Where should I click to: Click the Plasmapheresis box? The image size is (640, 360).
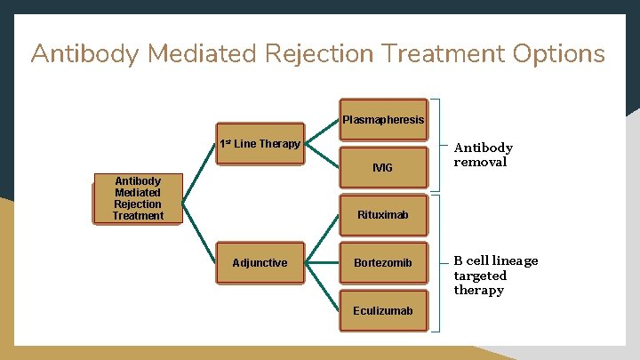383,119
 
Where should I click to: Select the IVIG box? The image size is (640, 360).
383,167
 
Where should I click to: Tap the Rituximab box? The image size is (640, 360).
383,215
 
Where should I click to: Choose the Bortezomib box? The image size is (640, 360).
383,263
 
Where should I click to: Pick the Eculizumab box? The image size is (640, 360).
383,311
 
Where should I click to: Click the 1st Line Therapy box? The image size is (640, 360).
260,144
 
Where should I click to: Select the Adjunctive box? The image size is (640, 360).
260,263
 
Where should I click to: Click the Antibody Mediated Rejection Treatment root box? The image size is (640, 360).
138,198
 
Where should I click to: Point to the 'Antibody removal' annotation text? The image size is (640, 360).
483,155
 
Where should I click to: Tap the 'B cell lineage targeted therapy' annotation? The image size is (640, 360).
495,275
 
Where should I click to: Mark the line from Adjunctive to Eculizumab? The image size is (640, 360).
321,287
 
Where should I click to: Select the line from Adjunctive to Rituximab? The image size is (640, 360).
321,239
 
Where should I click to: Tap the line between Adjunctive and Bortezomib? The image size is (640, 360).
321,263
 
